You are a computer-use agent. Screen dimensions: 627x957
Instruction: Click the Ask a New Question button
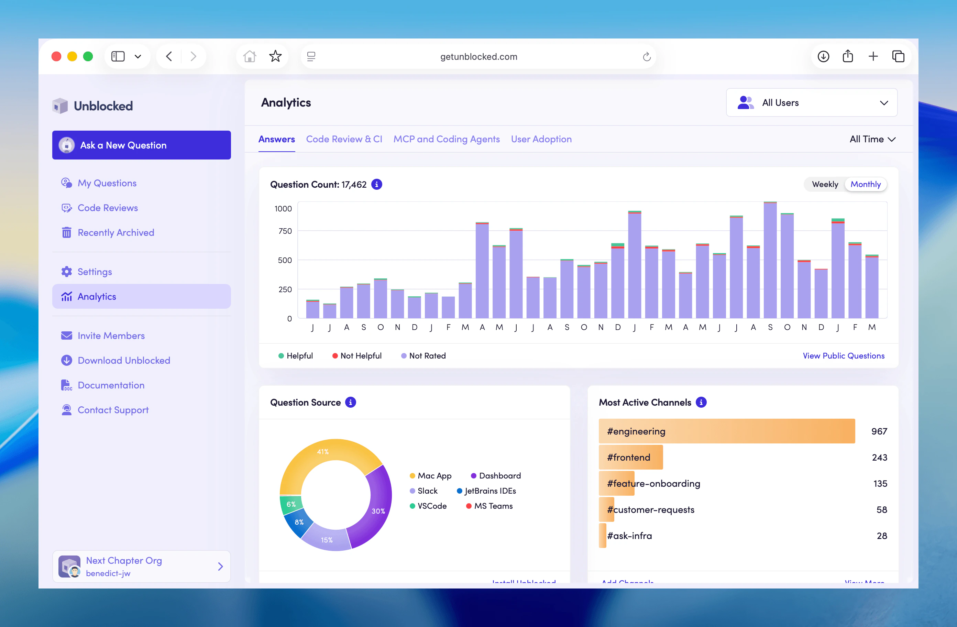pyautogui.click(x=141, y=145)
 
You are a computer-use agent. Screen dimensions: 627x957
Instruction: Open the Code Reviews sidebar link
pyautogui.click(x=107, y=208)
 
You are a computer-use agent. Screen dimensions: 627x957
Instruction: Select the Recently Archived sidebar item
pyautogui.click(x=115, y=232)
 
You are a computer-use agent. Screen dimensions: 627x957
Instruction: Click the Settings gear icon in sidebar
pyautogui.click(x=67, y=272)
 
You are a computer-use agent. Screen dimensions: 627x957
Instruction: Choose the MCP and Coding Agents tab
pyautogui.click(x=446, y=139)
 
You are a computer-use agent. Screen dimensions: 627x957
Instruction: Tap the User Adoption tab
pyautogui.click(x=541, y=139)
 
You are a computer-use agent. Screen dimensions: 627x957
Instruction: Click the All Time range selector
pyautogui.click(x=872, y=139)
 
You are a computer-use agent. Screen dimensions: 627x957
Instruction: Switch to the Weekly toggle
pyautogui.click(x=825, y=184)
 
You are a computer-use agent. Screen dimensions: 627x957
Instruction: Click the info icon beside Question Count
pyautogui.click(x=376, y=184)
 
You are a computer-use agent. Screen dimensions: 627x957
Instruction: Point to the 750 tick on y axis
pyautogui.click(x=285, y=231)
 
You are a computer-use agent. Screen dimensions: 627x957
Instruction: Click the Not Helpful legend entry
pyautogui.click(x=357, y=355)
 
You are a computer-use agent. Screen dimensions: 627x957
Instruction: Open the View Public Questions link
pyautogui.click(x=843, y=355)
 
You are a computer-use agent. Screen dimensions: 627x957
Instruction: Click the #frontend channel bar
pyautogui.click(x=630, y=457)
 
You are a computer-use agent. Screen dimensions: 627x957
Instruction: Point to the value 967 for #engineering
pyautogui.click(x=879, y=431)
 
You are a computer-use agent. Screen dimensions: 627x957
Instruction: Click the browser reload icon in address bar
pyautogui.click(x=646, y=57)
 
